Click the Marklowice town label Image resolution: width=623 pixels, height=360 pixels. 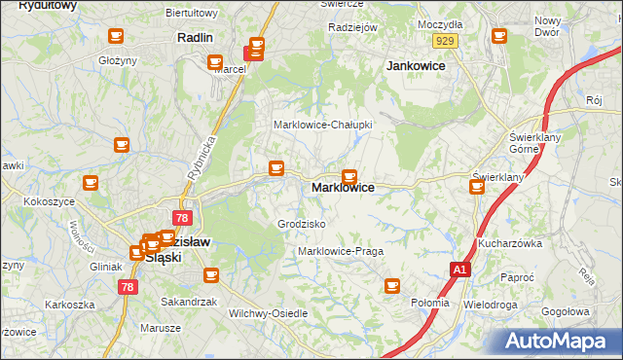(x=343, y=188)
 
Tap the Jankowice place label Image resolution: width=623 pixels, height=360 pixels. (x=417, y=66)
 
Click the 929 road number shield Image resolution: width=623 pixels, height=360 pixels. (x=446, y=40)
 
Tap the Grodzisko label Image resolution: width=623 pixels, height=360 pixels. (x=302, y=224)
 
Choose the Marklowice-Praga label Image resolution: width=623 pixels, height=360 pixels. (x=340, y=251)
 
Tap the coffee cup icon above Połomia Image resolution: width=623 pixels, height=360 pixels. (x=392, y=285)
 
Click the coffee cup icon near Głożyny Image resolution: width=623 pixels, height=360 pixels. (x=115, y=37)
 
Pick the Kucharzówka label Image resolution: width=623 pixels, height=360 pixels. (x=509, y=243)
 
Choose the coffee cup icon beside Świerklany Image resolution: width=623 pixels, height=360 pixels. (x=477, y=185)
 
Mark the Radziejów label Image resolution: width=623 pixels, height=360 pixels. (x=352, y=27)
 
